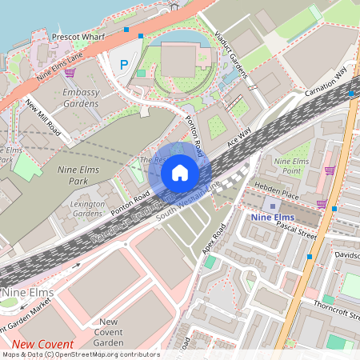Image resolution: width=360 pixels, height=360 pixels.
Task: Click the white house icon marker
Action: [x=179, y=172]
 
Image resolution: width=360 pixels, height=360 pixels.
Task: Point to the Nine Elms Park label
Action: [x=83, y=175]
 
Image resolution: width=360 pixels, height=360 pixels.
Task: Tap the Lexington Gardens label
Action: [x=88, y=210]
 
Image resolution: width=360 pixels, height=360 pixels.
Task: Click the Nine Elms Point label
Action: [x=291, y=166]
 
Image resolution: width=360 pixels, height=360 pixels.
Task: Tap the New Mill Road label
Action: [x=42, y=116]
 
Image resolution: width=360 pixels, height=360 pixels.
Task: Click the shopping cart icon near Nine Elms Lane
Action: [x=70, y=73]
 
